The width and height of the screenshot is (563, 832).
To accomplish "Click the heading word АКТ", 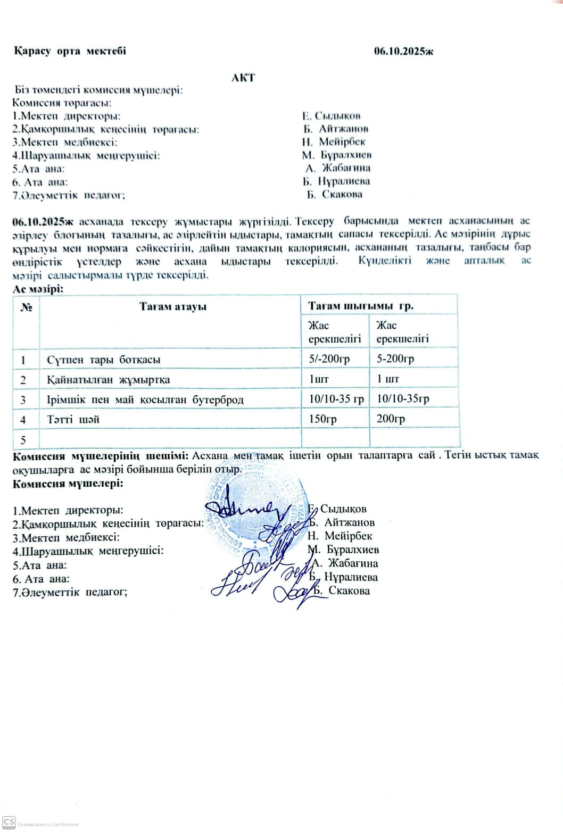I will [243, 78].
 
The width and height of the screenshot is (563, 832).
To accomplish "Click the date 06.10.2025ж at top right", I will [403, 52].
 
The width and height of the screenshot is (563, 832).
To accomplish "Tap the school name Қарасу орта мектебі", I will [70, 52].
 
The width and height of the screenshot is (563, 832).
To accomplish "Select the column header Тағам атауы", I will [173, 306].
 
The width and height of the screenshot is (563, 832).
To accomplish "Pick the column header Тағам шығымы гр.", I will [361, 306].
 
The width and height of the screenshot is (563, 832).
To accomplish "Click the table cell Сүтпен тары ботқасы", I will [104, 360].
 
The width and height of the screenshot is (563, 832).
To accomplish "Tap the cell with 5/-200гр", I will [329, 359].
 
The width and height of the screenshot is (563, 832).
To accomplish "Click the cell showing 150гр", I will [323, 419].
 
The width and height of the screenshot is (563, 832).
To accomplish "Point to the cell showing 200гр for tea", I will [391, 419].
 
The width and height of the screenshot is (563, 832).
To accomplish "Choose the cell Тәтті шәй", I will [73, 419].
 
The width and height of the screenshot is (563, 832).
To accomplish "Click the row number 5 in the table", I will [23, 439].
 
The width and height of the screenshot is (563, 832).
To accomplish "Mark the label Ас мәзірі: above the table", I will [38, 289].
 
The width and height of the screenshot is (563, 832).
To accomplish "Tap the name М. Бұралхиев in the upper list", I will [336, 155].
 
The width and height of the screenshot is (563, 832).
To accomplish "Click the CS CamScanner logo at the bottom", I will [9, 822].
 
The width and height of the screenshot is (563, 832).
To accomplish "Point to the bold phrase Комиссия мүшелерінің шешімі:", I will [100, 456].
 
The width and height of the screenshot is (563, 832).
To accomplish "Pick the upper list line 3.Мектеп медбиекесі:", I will [65, 142].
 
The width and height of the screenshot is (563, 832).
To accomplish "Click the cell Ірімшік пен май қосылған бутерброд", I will [145, 400].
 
